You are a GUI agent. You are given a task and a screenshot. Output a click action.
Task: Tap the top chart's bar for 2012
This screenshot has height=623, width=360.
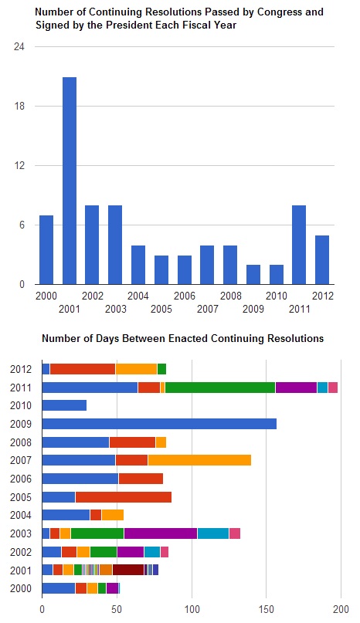click(x=322, y=259)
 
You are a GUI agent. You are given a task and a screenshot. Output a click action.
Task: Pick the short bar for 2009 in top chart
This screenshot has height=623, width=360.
click(x=253, y=274)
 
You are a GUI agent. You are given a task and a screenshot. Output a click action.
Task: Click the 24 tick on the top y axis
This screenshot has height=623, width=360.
click(x=19, y=47)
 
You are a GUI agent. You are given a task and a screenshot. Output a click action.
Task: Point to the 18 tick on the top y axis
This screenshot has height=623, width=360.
click(x=19, y=107)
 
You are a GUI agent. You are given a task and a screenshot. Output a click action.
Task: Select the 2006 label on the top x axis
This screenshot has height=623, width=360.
click(x=184, y=296)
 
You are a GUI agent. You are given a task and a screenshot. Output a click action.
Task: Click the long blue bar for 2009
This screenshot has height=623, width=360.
click(x=158, y=423)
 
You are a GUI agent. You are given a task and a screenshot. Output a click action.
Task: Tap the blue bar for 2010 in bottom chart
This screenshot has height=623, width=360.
click(x=64, y=405)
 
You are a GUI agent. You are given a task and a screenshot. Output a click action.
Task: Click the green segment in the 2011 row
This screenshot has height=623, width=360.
click(x=220, y=387)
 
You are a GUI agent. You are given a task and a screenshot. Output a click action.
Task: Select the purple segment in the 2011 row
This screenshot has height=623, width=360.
click(x=296, y=387)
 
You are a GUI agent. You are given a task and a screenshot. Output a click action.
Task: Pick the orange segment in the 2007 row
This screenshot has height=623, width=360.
click(x=199, y=460)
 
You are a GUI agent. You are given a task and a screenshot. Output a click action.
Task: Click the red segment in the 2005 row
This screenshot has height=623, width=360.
click(x=124, y=496)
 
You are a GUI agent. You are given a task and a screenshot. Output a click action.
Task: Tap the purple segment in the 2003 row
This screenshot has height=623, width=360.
click(x=161, y=533)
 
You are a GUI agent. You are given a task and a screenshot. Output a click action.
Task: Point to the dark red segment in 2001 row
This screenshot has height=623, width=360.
click(x=128, y=570)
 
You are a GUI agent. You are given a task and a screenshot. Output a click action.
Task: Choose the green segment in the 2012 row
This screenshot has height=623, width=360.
click(x=161, y=369)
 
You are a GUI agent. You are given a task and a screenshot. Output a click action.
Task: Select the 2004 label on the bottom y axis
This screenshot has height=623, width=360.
click(x=20, y=515)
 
